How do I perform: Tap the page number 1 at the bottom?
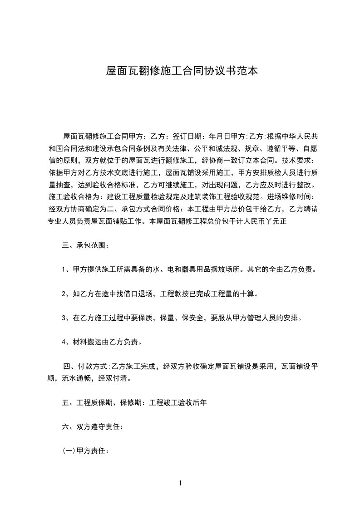[180, 483]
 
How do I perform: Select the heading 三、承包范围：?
[85, 245]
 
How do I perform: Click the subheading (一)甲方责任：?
[85, 451]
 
